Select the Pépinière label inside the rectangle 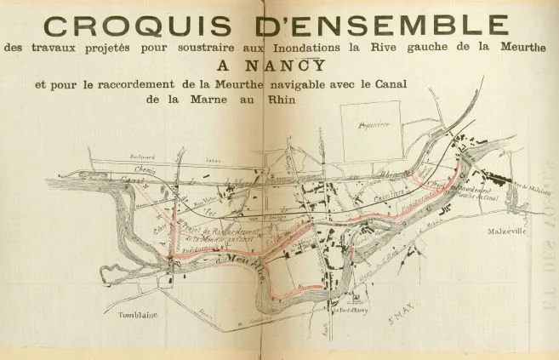[373, 124]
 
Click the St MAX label [400, 322]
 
